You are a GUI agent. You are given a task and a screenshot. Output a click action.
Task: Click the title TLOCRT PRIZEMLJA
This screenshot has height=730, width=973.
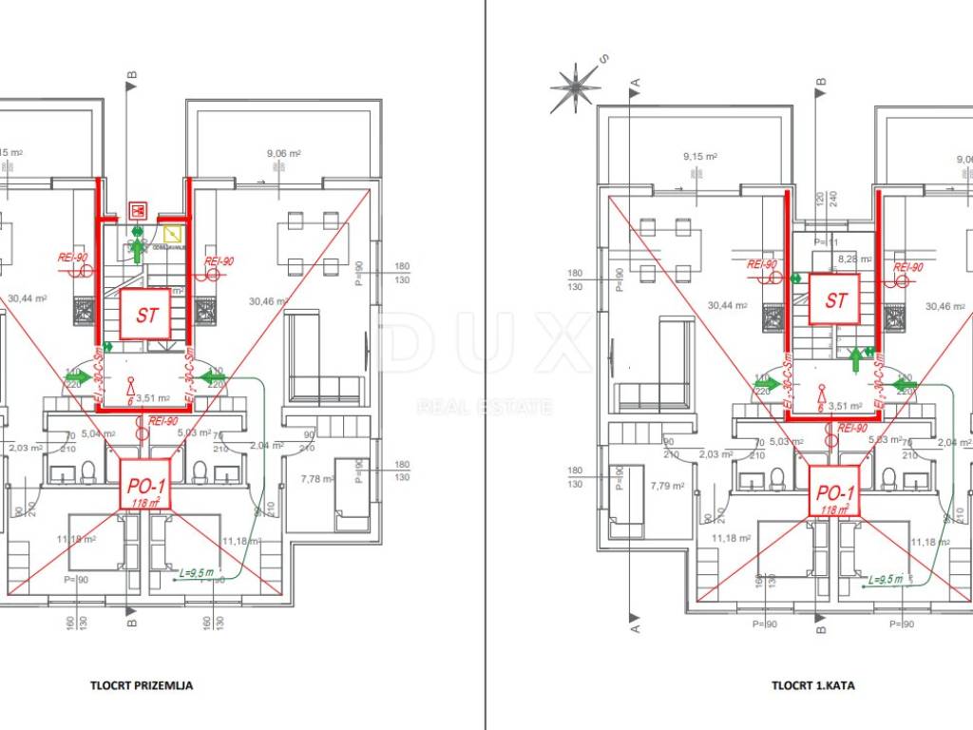(142, 684)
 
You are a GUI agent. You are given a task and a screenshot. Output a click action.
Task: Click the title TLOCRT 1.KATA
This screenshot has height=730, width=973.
(812, 684)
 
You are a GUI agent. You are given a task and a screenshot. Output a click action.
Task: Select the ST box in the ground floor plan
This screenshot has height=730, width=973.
(145, 315)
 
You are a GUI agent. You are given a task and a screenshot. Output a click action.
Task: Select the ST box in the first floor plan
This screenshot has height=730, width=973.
(835, 300)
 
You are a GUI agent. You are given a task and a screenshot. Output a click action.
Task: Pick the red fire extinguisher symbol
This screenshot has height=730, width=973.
(138, 209)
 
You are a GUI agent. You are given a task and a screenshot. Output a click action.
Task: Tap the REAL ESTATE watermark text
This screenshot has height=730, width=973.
(485, 408)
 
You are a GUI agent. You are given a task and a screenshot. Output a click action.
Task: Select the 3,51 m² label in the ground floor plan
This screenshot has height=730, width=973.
(153, 398)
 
